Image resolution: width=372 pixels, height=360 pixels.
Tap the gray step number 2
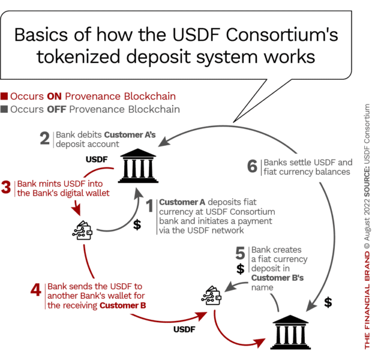[x=44, y=140]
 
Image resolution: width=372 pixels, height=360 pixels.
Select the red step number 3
[x=7, y=187]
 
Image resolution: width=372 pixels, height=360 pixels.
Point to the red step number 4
[x=36, y=290]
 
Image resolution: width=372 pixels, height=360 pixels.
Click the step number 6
[x=253, y=166]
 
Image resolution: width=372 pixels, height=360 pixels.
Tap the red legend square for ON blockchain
[x=4, y=97]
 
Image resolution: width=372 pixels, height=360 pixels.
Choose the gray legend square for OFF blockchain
[x=4, y=110]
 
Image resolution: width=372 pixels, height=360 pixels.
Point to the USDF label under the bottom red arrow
[x=185, y=329]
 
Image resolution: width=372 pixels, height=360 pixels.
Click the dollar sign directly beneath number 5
[x=240, y=268]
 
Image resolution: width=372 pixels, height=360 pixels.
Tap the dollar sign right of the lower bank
[x=328, y=302]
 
